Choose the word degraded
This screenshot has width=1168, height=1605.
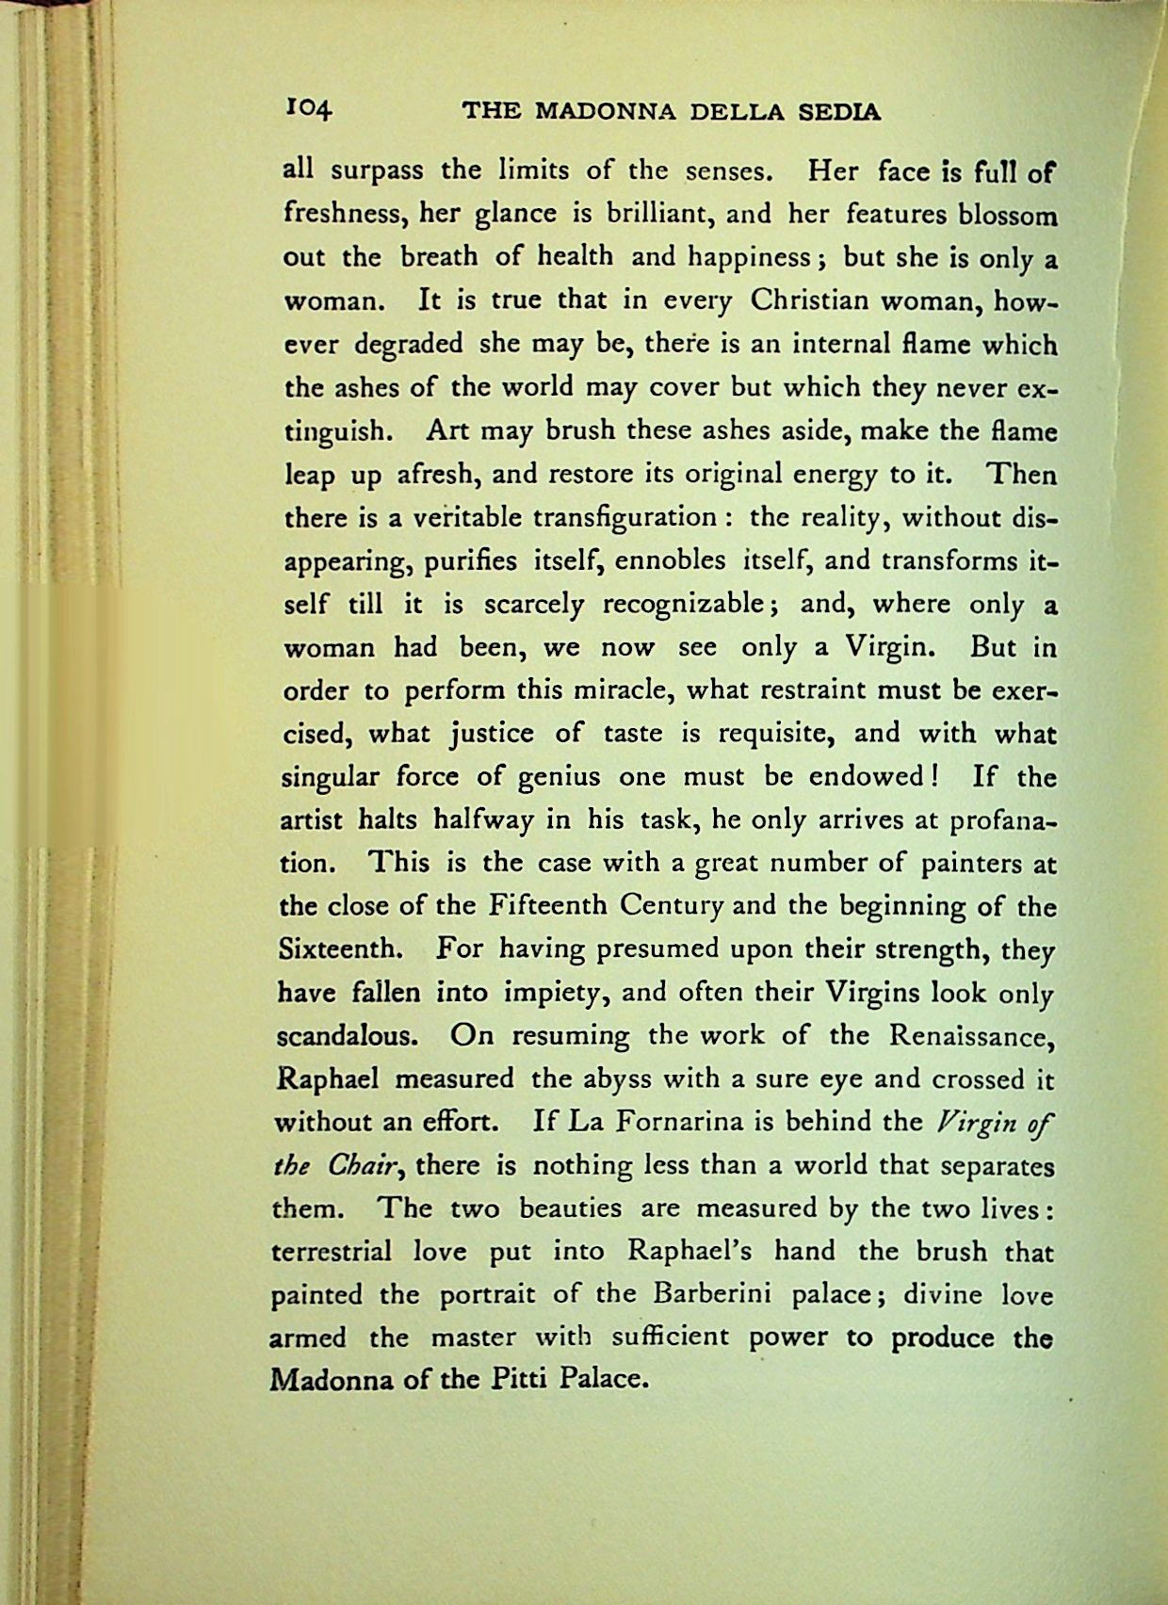(x=408, y=345)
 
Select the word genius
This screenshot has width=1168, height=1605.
(x=559, y=778)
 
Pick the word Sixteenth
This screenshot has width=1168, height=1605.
(x=342, y=948)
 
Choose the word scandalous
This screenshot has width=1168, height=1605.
(x=347, y=1035)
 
